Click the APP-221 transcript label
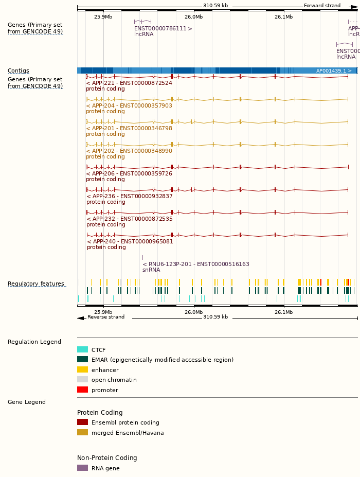129,83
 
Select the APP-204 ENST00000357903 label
129,105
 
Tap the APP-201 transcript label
129,128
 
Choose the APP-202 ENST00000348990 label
129,151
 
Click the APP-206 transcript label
129,173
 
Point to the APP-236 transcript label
130,196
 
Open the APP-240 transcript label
130,241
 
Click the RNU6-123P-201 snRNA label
196,264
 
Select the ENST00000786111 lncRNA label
163,29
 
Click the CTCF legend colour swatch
82,350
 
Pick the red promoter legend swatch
82,390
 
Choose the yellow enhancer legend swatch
82,370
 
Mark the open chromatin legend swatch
82,380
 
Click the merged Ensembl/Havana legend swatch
82,433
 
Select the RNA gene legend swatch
82,468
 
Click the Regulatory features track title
36,284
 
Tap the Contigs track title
19,70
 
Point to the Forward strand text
322,6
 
